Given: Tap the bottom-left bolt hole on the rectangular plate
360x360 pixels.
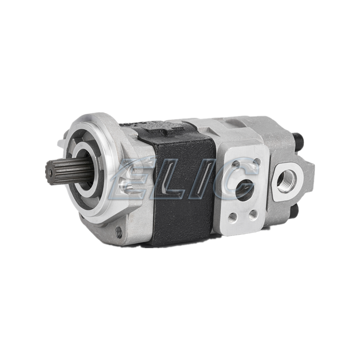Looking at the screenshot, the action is coord(232,216).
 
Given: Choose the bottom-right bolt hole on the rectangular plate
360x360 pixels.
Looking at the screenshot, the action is coord(253,214).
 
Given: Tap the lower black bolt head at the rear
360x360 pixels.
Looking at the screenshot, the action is coord(295,211).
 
